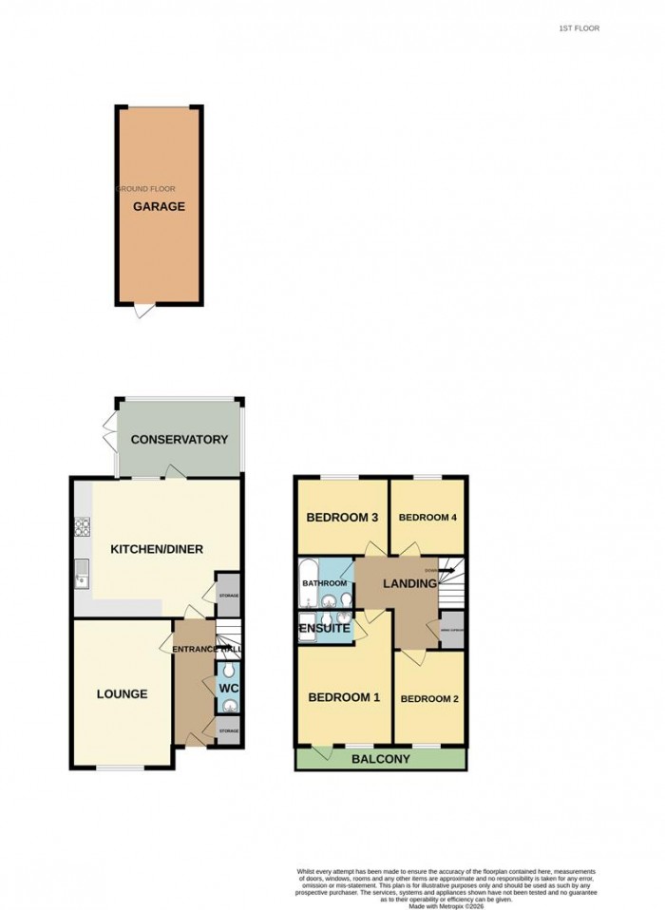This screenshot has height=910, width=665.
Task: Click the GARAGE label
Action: (159, 206)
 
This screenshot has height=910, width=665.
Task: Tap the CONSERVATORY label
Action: (180, 440)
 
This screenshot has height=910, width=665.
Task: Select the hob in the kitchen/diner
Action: (83, 524)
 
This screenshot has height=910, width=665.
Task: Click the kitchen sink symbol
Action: (83, 572)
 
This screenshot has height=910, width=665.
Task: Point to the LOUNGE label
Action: (122, 694)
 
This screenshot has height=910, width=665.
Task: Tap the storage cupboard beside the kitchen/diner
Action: (228, 595)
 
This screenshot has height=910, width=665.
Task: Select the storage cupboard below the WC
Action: (228, 730)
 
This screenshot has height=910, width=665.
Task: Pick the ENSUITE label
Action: (325, 629)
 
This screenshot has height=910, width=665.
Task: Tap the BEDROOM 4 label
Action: (427, 518)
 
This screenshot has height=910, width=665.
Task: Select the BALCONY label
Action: (380, 759)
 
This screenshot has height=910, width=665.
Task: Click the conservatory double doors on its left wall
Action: (111, 433)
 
